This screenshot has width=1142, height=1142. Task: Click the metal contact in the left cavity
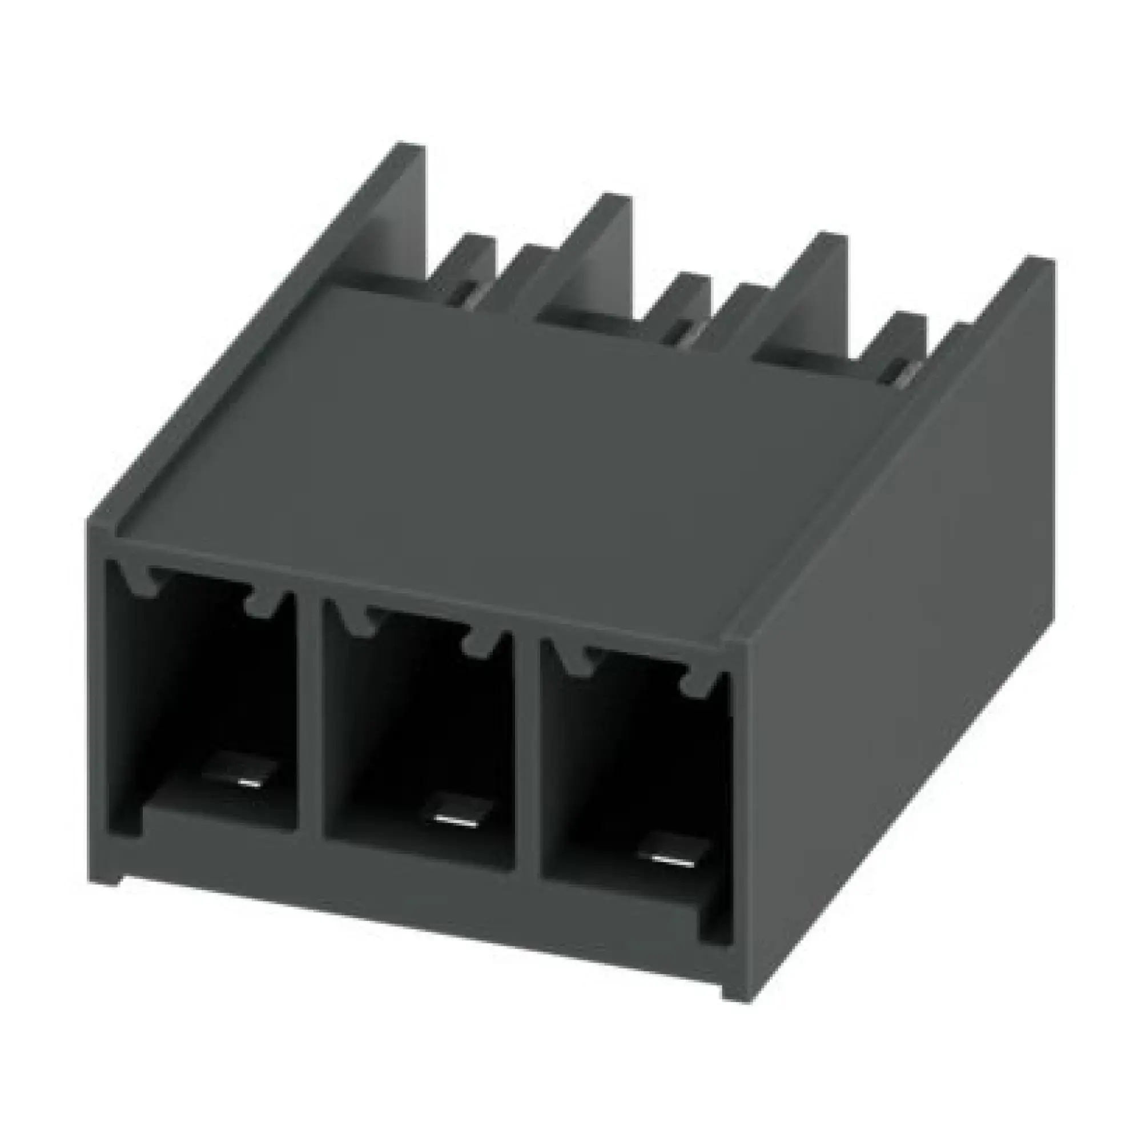point(239,770)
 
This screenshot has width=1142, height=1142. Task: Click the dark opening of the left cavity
point(201,679)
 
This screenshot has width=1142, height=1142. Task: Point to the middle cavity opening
point(414,721)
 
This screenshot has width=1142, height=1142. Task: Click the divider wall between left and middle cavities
point(308,709)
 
